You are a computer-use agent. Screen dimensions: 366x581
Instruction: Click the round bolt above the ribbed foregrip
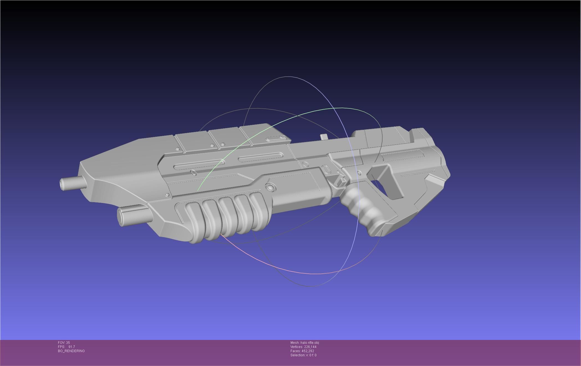[271, 187]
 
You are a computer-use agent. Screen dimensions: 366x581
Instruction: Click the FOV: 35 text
[64, 343]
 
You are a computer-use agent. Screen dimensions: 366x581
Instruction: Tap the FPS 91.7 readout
[67, 347]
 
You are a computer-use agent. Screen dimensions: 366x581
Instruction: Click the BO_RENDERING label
[71, 351]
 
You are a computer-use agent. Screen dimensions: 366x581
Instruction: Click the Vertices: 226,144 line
[303, 347]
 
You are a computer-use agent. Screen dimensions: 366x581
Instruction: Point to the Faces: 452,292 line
[302, 351]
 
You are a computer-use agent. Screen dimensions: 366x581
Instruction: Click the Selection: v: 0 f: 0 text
[303, 355]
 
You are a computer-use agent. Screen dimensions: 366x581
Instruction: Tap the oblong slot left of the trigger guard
[326, 169]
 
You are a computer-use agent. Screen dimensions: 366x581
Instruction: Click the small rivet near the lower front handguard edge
[167, 195]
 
